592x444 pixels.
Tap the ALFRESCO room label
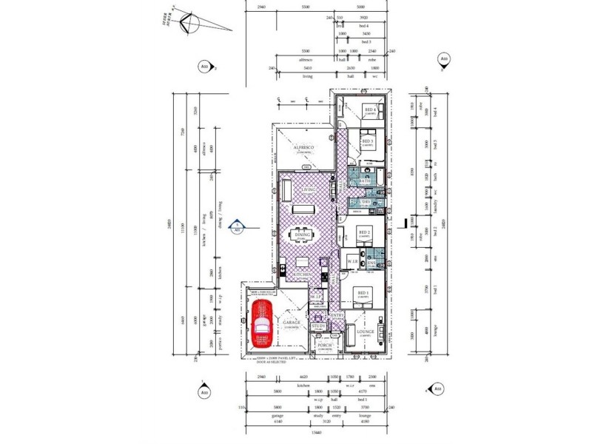pyautogui.click(x=305, y=149)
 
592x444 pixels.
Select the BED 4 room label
pyautogui.click(x=369, y=110)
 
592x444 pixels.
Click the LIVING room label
pyautogui.click(x=309, y=189)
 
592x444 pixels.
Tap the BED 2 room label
pyautogui.click(x=363, y=232)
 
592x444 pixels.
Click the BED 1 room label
pyautogui.click(x=363, y=293)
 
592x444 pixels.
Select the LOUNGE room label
pyautogui.click(x=365, y=332)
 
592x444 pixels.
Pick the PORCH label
pyautogui.click(x=324, y=344)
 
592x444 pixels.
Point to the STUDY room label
pyautogui.click(x=319, y=326)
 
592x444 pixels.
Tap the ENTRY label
pyautogui.click(x=337, y=316)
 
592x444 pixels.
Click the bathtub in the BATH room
pyautogui.click(x=377, y=178)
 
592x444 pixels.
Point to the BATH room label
pyautogui.click(x=365, y=181)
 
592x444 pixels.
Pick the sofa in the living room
pyautogui.click(x=286, y=191)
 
